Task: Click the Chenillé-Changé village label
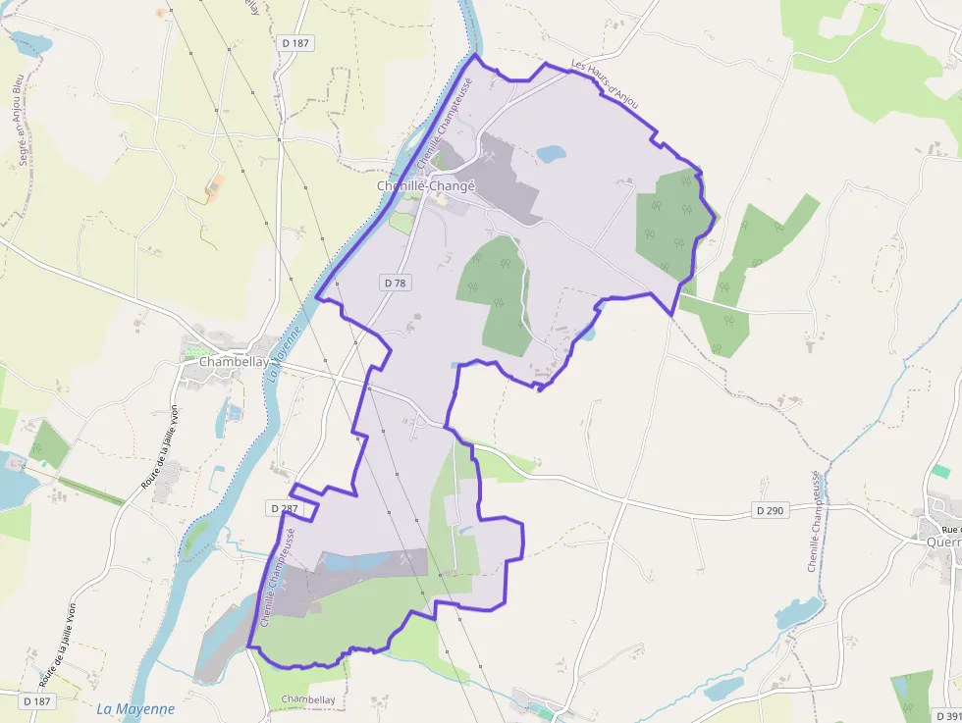click(x=426, y=185)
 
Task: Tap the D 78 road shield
click(x=395, y=283)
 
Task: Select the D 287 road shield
click(x=283, y=508)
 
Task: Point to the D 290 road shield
click(x=771, y=510)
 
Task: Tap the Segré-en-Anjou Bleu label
click(x=19, y=118)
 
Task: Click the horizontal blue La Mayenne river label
click(x=135, y=708)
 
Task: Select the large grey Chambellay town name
click(x=234, y=361)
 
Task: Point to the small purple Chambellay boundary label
click(x=308, y=699)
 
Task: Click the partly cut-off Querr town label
click(x=943, y=540)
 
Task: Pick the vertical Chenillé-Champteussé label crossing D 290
click(x=814, y=520)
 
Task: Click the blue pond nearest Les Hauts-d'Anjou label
click(x=551, y=153)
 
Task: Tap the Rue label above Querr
click(x=953, y=529)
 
